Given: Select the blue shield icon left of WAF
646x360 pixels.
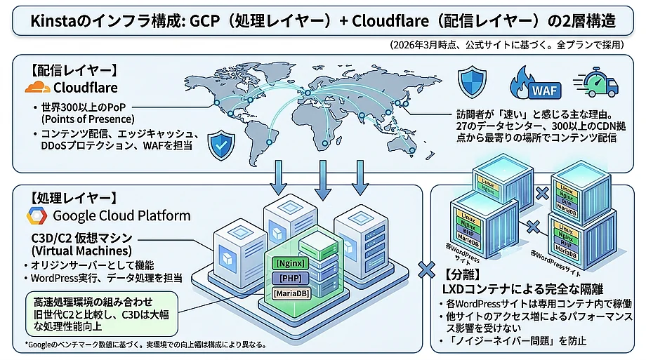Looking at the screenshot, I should [x=472, y=82].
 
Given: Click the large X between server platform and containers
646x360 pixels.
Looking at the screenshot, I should [x=424, y=269].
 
